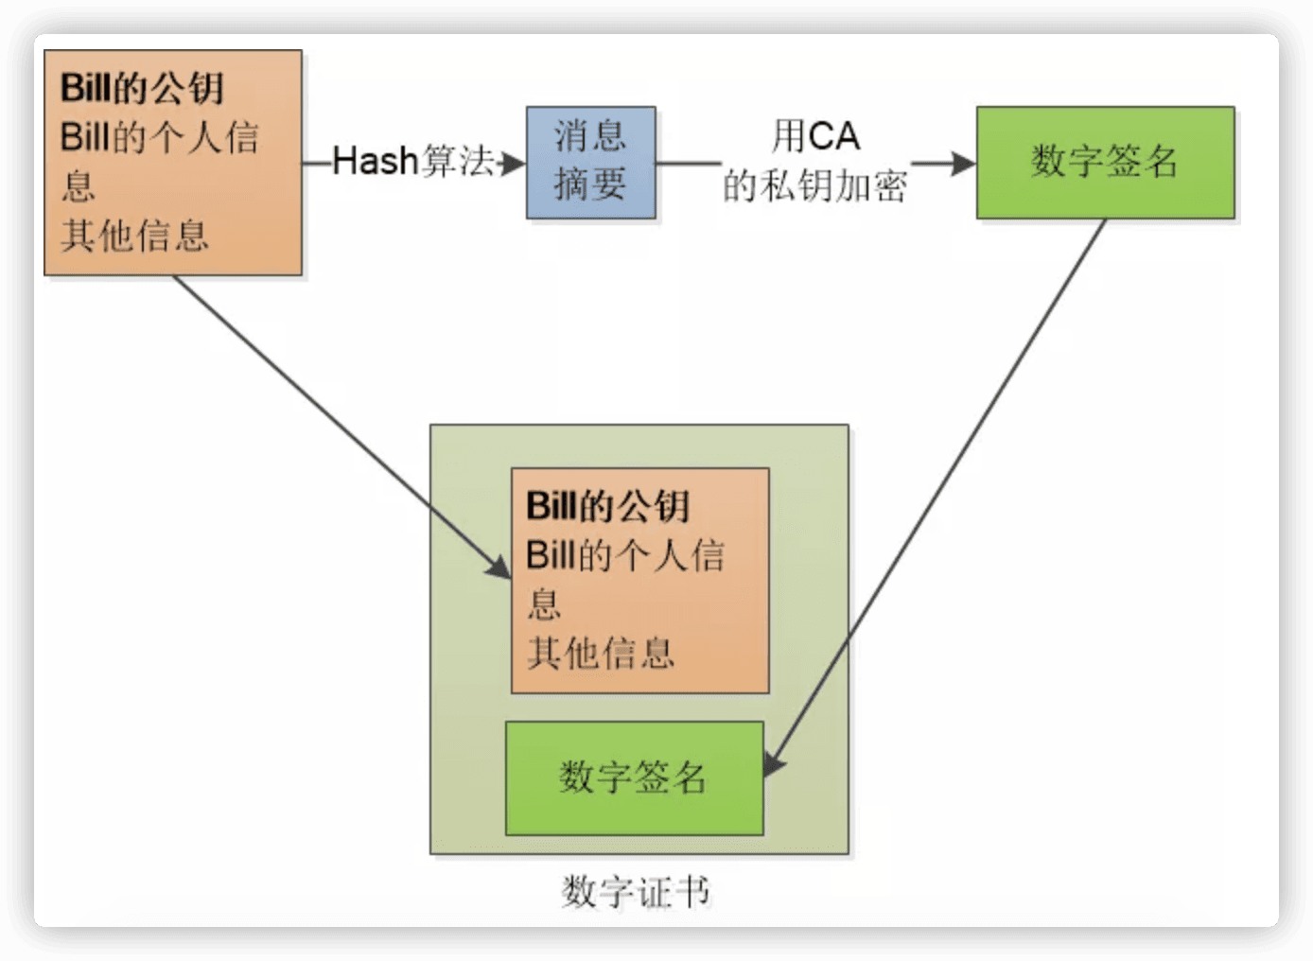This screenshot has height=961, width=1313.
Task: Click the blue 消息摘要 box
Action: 590,162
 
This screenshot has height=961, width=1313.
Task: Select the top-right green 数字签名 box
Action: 1105,162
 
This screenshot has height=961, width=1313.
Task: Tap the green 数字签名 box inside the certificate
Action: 634,778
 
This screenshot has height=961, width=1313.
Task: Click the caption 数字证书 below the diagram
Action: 635,891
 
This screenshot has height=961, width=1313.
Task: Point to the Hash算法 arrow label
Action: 413,162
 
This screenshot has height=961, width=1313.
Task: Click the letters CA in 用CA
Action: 833,137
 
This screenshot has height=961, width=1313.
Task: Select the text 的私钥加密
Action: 814,186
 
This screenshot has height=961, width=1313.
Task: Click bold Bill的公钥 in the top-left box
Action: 142,89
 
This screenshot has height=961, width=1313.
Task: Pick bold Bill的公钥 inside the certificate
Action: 607,506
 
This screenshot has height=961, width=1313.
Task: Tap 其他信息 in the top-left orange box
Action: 134,236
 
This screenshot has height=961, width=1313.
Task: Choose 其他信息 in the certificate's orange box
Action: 601,653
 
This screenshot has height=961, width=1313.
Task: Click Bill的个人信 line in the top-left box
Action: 159,138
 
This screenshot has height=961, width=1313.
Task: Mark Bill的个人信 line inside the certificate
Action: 625,555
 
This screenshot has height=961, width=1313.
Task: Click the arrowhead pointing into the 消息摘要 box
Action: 514,164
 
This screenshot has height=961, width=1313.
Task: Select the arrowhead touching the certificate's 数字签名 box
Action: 773,764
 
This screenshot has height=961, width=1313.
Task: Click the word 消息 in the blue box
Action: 590,137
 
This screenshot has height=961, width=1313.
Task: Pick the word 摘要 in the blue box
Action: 590,184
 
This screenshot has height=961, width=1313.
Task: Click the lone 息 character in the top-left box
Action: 78,186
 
